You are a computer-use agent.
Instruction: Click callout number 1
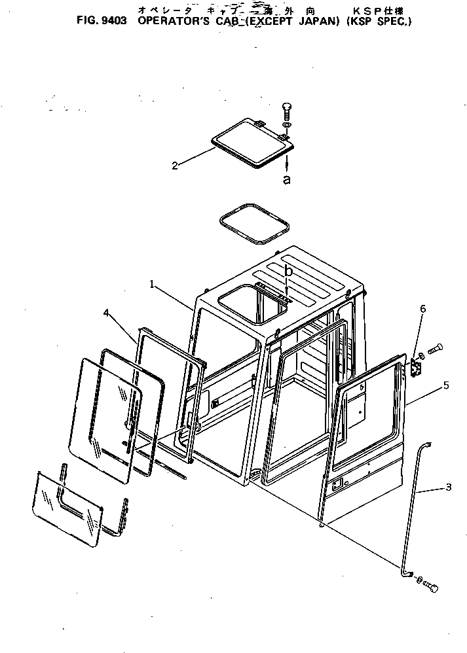151,285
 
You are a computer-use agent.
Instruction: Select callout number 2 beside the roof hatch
175,166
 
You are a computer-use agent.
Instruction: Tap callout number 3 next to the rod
448,487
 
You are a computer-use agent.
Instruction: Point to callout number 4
106,313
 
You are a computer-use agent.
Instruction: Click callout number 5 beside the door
445,385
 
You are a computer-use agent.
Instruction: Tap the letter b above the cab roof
288,270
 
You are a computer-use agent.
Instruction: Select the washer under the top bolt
287,124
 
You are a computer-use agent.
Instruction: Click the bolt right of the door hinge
436,350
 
